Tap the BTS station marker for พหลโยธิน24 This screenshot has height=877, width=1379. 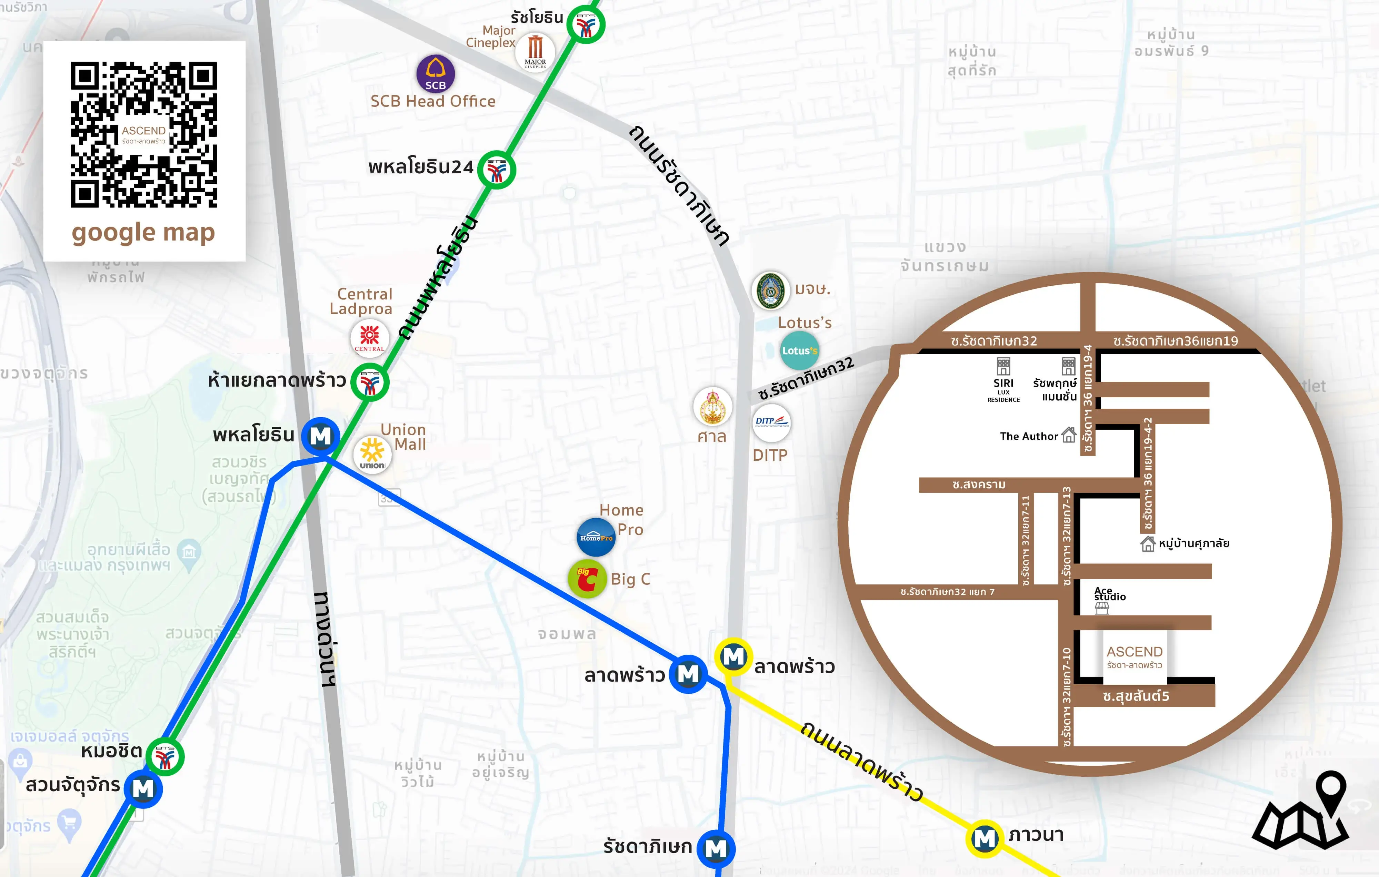497,170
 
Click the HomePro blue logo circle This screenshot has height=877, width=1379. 596,537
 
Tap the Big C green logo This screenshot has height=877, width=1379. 587,579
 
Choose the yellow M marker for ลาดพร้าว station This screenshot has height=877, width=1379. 733,656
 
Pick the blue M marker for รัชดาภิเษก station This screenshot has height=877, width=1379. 716,848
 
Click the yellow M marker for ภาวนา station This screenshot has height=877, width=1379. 985,839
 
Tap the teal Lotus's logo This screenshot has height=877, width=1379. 799,350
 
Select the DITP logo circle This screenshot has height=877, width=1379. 771,423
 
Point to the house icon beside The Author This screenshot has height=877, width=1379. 1069,435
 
